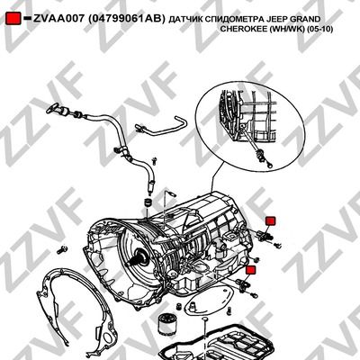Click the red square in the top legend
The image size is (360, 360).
click(x=13, y=19)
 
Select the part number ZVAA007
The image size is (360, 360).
click(x=58, y=19)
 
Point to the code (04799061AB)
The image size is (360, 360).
click(x=126, y=19)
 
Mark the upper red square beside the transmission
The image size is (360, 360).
click(x=270, y=220)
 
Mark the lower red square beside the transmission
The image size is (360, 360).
click(x=250, y=270)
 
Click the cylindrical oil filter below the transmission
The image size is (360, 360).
click(x=166, y=323)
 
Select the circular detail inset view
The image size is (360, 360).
click(x=250, y=129)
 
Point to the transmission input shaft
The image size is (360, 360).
click(x=138, y=257)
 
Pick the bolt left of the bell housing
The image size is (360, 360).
click(x=61, y=249)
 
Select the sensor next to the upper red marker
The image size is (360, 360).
click(x=264, y=235)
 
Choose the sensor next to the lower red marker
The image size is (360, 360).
click(x=242, y=284)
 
